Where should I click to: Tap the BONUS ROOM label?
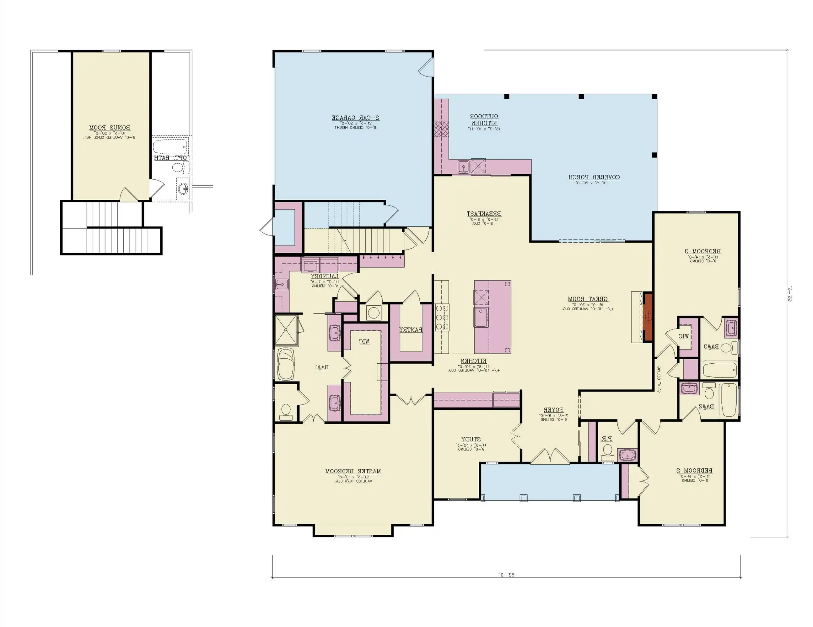(110, 128)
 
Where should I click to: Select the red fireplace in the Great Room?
(649, 317)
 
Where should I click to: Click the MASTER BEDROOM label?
(353, 471)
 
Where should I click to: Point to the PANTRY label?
(411, 329)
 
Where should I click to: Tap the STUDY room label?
(471, 439)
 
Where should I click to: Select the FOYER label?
(553, 410)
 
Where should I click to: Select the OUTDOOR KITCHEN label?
(484, 119)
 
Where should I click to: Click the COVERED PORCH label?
(594, 177)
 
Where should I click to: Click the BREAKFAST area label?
(484, 213)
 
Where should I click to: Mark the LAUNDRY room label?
(325, 276)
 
